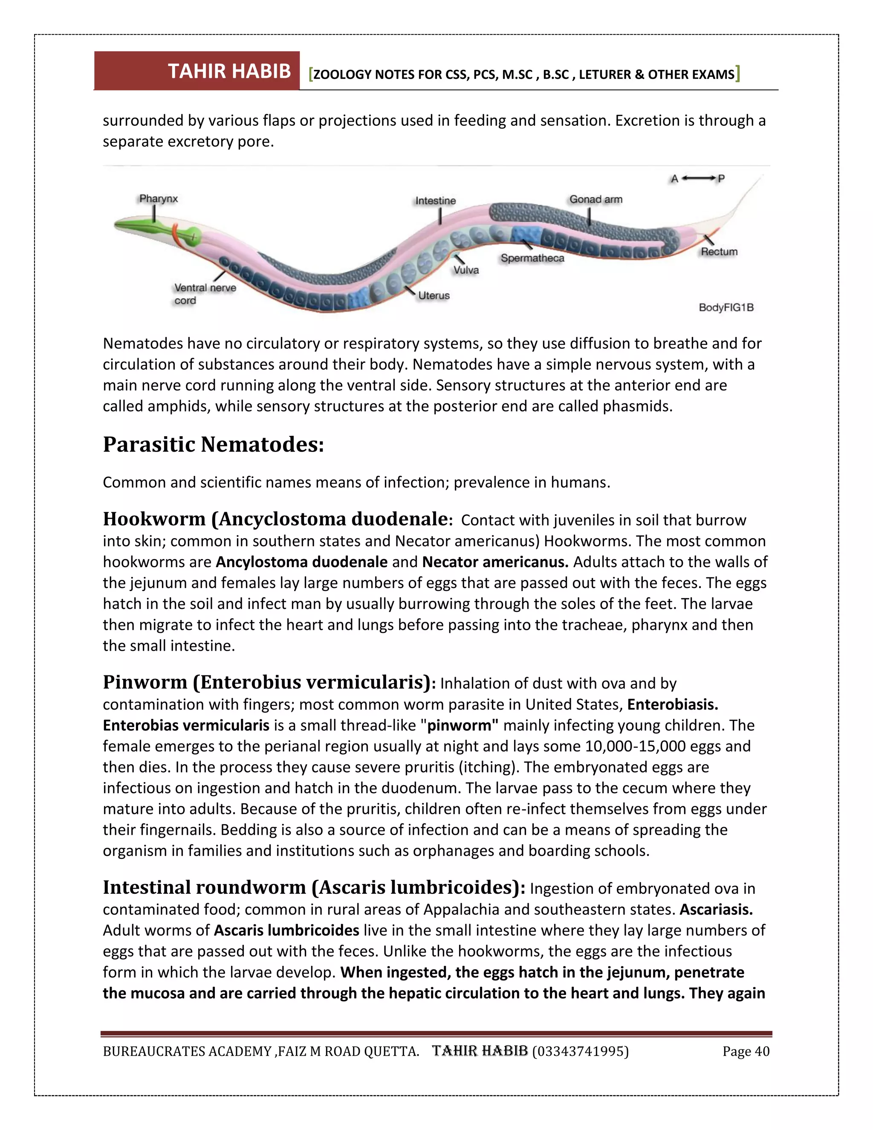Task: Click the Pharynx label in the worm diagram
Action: (158, 199)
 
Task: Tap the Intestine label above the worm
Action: (436, 201)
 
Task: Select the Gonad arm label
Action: (596, 199)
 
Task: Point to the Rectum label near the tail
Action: (719, 252)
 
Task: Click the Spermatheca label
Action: (532, 258)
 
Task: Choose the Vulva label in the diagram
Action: (466, 270)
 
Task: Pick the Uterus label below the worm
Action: (434, 296)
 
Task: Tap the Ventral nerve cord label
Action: (205, 294)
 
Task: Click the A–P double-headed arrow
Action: (698, 179)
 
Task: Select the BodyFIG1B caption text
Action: (726, 307)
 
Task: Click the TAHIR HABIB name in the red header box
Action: (229, 71)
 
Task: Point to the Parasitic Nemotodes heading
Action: (213, 444)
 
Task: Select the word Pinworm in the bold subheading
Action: (145, 682)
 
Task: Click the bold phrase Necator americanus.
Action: (495, 562)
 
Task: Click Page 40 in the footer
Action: (746, 1052)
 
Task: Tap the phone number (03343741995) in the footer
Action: (580, 1052)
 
